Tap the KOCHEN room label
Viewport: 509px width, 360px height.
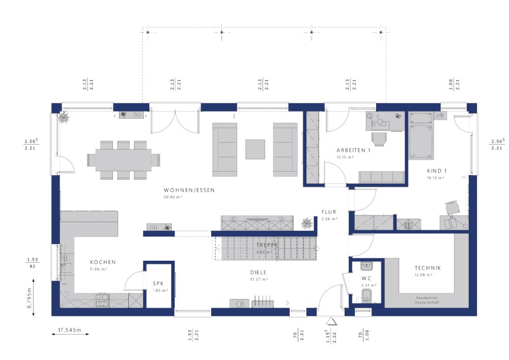[x=103, y=262]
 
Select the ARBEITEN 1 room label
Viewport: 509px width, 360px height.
[x=353, y=150]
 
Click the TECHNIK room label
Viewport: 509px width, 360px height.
[x=428, y=268]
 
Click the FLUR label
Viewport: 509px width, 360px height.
[x=328, y=212]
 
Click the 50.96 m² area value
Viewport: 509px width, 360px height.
[x=173, y=197]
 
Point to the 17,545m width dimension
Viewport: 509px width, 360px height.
[x=70, y=330]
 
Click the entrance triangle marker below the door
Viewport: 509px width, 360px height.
[x=331, y=321]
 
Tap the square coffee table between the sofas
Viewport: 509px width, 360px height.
[x=255, y=149]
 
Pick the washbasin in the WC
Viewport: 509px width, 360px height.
[x=367, y=266]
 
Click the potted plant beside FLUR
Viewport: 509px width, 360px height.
[x=307, y=223]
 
